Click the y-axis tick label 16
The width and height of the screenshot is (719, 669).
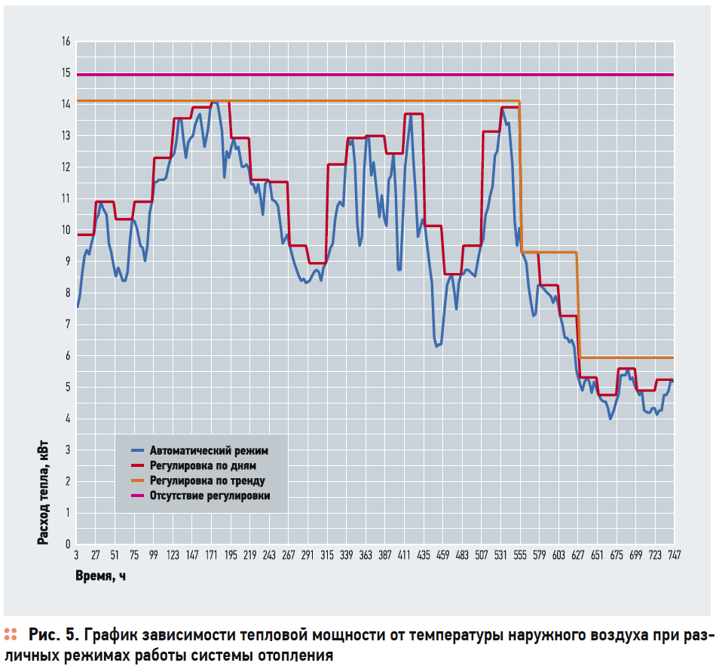[66, 41]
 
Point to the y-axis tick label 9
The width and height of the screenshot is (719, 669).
[67, 261]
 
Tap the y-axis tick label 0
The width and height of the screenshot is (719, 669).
[67, 544]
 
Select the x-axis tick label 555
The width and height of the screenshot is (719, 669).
[519, 555]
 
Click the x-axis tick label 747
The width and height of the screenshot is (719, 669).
[673, 555]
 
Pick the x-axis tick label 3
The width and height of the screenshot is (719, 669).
[76, 555]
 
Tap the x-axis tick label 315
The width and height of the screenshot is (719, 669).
[327, 555]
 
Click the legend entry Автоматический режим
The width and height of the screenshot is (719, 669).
[209, 450]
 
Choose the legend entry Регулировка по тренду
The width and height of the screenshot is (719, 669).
[207, 480]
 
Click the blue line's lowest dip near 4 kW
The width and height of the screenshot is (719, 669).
[610, 418]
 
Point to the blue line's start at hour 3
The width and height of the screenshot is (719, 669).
[77, 306]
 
